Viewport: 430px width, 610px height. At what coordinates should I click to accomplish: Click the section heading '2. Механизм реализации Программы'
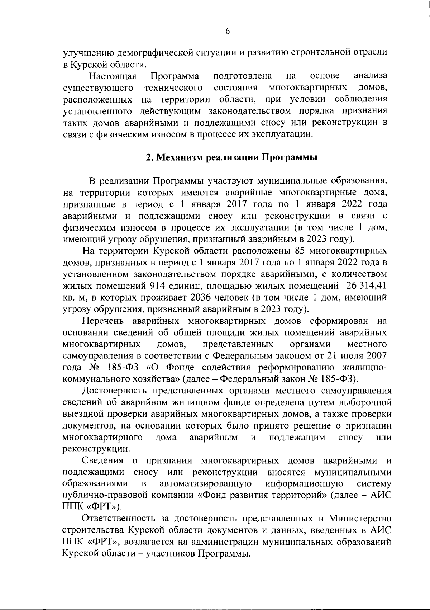coord(227,158)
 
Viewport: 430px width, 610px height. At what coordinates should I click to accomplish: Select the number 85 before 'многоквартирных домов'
coord(300,251)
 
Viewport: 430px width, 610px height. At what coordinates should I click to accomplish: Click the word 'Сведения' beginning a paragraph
coord(102,460)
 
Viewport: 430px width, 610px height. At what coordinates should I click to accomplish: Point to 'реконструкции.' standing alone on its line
coord(96,449)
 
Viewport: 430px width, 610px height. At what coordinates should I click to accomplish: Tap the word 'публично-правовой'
coord(102,495)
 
